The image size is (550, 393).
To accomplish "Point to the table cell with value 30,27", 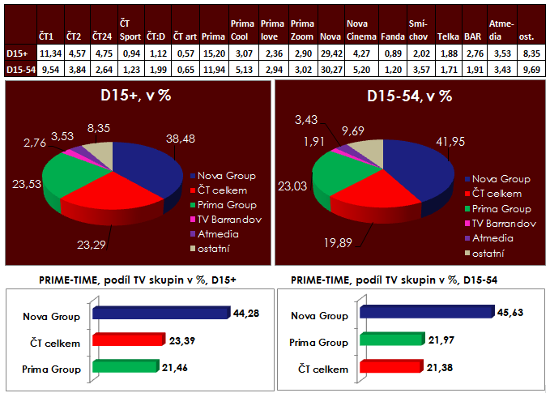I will pos(330,70).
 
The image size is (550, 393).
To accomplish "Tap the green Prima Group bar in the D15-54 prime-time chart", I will pos(393,339).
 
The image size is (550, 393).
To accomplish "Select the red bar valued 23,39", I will pos(132,340).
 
